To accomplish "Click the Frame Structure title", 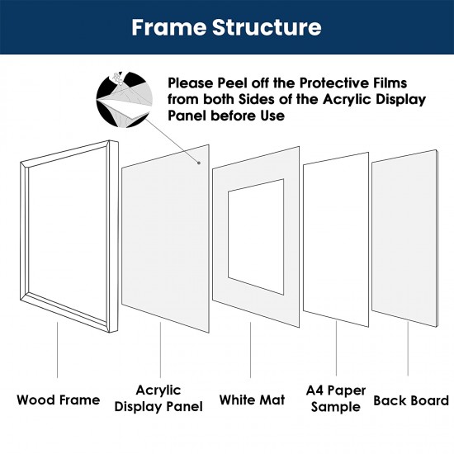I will [227, 28].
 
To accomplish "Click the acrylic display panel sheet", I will [165, 239].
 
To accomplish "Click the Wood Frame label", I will [58, 400].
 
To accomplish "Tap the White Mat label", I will [252, 400].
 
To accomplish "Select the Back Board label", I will [411, 400].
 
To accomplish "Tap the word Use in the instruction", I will [271, 116].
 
